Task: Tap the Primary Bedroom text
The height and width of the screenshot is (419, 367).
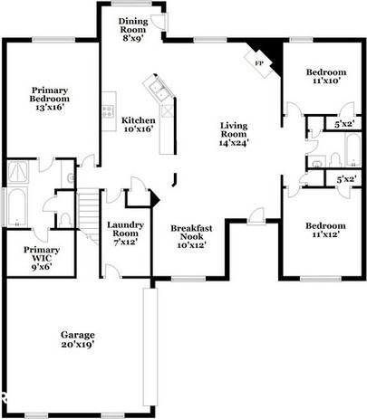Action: tap(53, 99)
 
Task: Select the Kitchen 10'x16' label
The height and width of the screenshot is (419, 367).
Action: tap(138, 124)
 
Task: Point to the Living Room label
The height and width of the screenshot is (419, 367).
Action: tap(234, 134)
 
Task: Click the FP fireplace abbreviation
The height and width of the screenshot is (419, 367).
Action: tap(258, 62)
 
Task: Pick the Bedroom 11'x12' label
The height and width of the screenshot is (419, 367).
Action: tap(324, 230)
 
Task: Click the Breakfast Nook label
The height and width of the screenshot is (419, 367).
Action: tap(190, 236)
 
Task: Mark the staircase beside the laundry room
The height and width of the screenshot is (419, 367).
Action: tap(86, 214)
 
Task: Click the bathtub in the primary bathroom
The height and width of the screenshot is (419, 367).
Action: tap(15, 208)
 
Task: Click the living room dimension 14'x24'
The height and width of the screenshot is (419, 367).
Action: tap(234, 142)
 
